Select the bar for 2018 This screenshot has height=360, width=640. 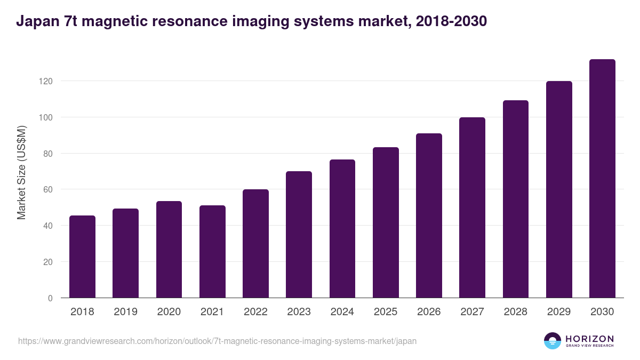pyautogui.click(x=82, y=257)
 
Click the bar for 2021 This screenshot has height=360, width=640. pyautogui.click(x=212, y=252)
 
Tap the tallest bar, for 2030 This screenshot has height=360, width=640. pyautogui.click(x=602, y=179)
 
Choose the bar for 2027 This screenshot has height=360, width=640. pyautogui.click(x=472, y=207)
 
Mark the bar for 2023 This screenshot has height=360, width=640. pyautogui.click(x=299, y=235)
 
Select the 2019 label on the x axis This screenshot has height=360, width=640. pyautogui.click(x=125, y=312)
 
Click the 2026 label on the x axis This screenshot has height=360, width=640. pyautogui.click(x=429, y=312)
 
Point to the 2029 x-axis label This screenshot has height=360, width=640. pyautogui.click(x=559, y=312)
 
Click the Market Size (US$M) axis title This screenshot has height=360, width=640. pyautogui.click(x=21, y=172)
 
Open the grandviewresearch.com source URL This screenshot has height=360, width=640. pyautogui.click(x=217, y=341)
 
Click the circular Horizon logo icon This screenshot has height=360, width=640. pyautogui.click(x=553, y=341)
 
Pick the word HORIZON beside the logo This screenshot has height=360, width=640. pyautogui.click(x=589, y=338)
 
